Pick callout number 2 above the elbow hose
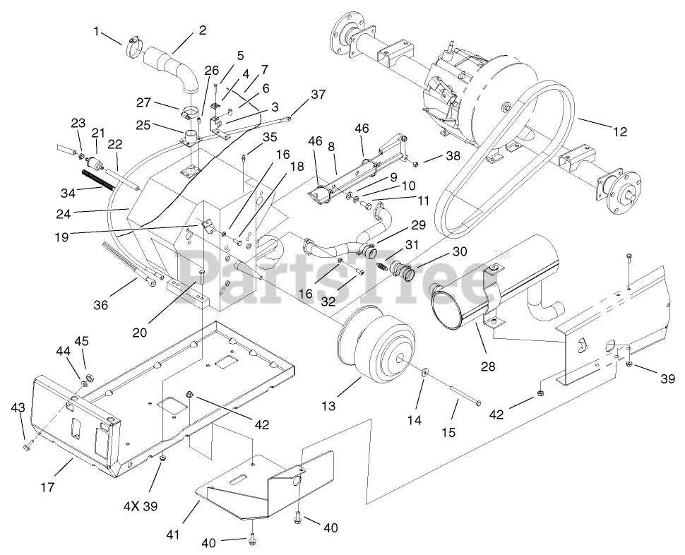(x=203, y=30)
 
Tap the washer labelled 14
(x=425, y=374)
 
